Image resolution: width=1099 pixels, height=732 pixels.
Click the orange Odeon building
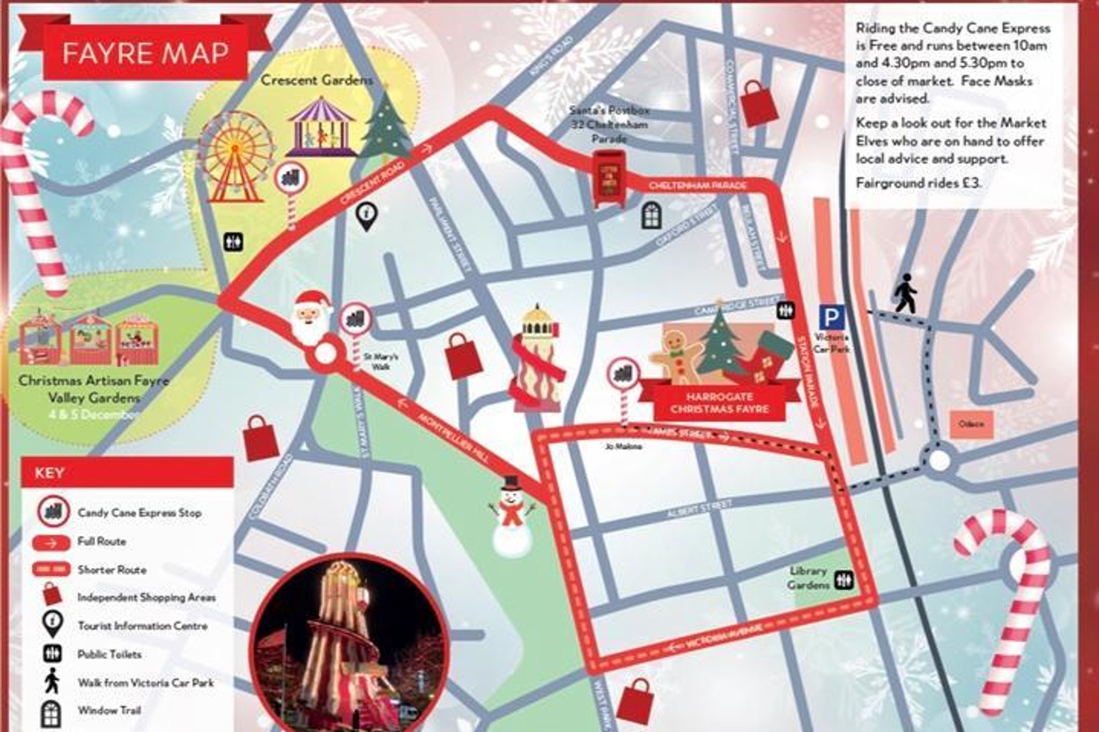(971, 424)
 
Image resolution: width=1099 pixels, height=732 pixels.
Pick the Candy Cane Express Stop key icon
(54, 511)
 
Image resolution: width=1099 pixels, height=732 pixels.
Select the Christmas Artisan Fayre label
(94, 381)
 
